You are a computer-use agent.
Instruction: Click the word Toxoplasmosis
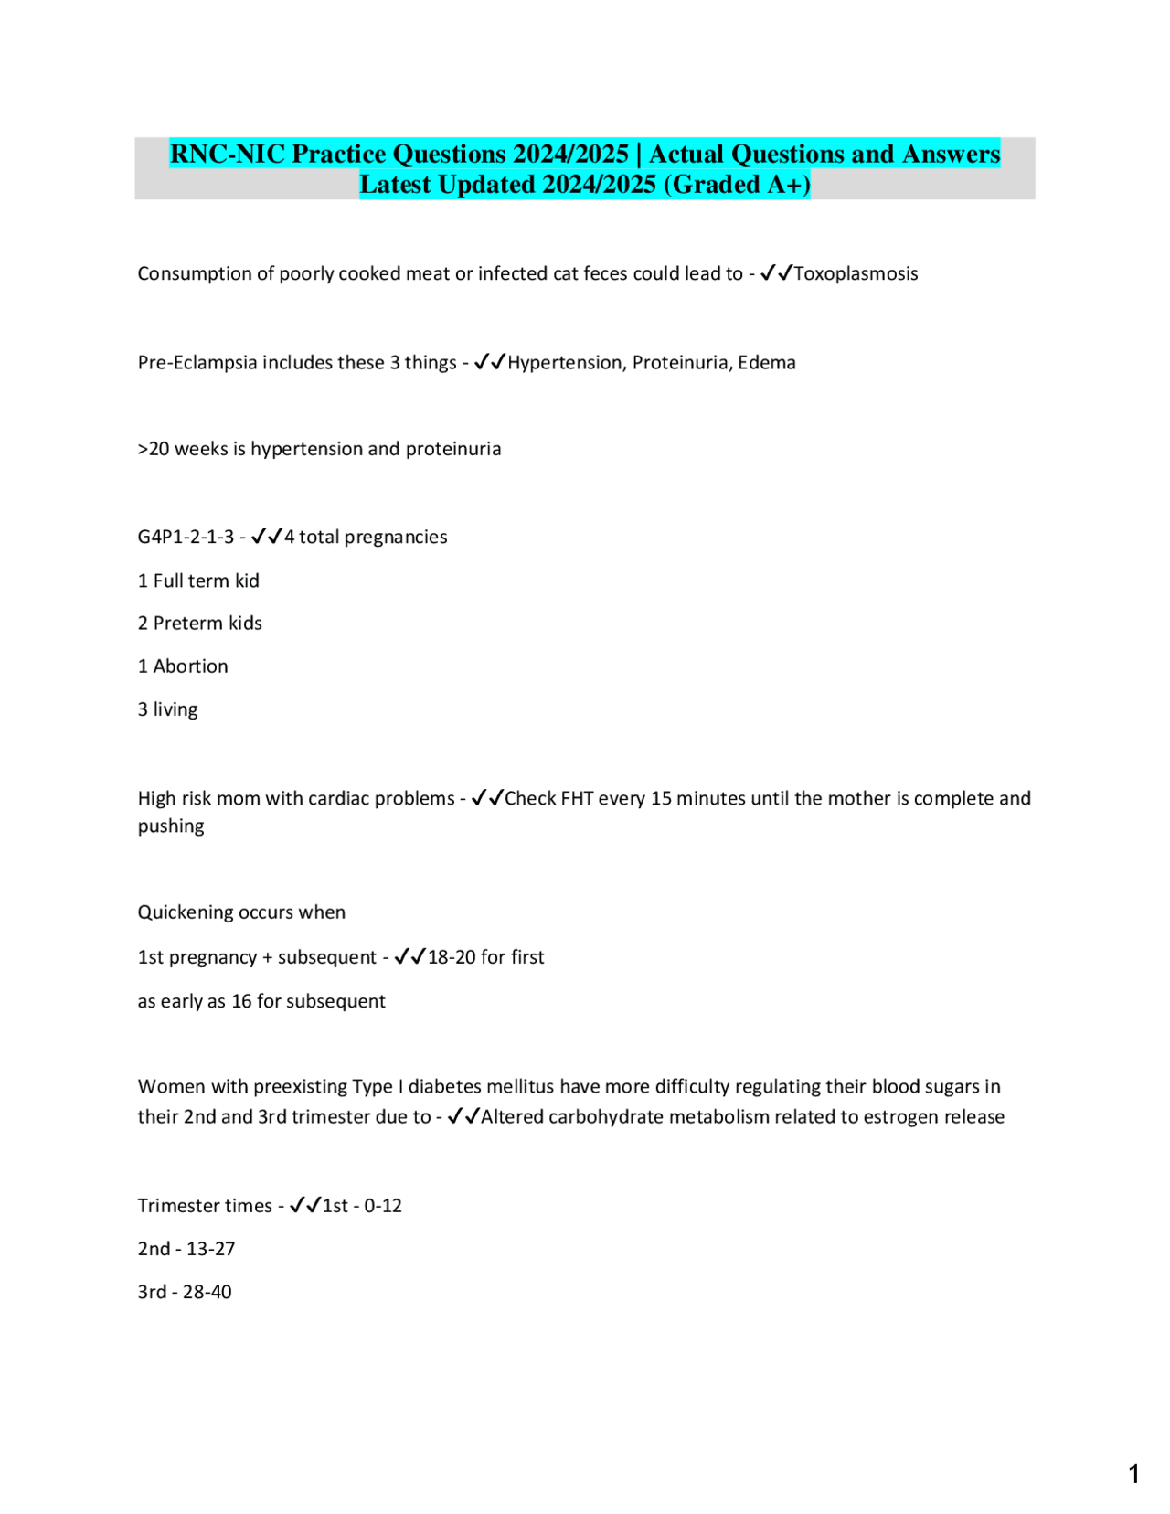coord(856,273)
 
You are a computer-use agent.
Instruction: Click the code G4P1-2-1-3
coord(186,537)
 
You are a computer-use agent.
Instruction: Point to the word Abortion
coord(190,666)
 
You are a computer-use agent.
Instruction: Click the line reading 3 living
coord(167,709)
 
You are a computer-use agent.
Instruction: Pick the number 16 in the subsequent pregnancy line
coord(241,1001)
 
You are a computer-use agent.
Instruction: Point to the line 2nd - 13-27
coord(186,1249)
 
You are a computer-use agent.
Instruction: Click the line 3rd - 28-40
coord(185,1292)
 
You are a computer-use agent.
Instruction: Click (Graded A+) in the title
coord(737,185)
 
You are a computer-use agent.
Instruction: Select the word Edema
coord(767,362)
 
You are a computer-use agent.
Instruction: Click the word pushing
coord(171,826)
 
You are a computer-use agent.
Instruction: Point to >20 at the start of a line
coord(154,449)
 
